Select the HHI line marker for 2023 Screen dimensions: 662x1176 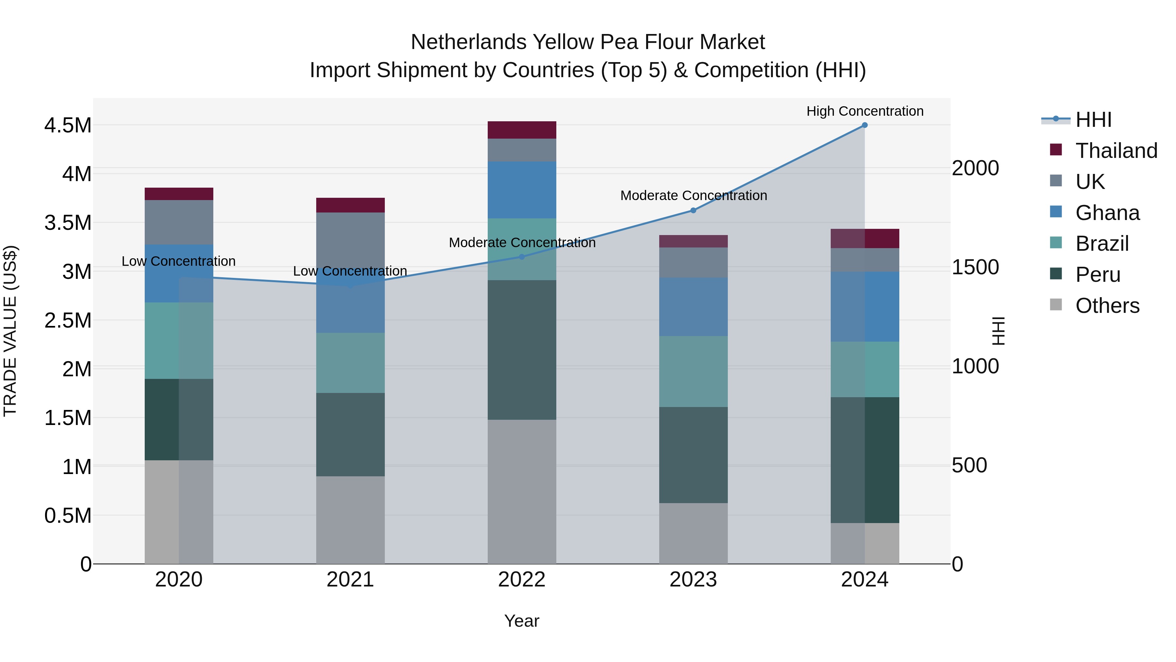click(x=693, y=211)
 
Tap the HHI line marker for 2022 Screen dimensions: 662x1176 click(x=522, y=257)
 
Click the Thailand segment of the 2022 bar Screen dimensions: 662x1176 click(x=522, y=130)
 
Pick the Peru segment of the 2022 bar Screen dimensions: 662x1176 click(x=522, y=349)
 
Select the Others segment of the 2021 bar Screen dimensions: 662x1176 click(x=350, y=520)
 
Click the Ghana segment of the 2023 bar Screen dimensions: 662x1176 click(x=693, y=307)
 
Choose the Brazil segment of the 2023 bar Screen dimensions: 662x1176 click(x=693, y=371)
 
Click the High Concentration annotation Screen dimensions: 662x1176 click(x=865, y=111)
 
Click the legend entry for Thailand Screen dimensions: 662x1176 click(x=1116, y=151)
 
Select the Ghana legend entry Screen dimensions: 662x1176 click(x=1107, y=213)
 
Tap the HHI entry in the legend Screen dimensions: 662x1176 click(x=1093, y=120)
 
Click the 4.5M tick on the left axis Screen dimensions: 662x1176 click(x=68, y=126)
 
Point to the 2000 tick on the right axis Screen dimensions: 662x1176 click(x=975, y=168)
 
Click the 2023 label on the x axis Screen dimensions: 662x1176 click(x=693, y=580)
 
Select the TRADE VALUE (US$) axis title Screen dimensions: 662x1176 click(x=10, y=331)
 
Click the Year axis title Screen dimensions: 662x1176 click(x=521, y=621)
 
